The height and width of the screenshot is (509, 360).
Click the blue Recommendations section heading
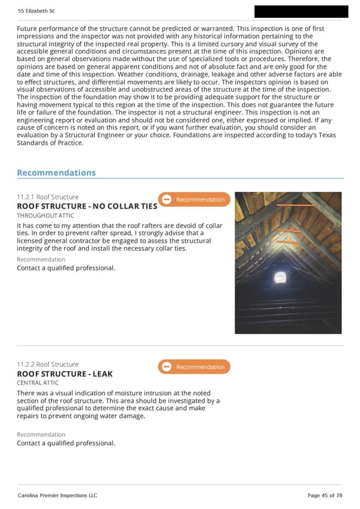point(56,173)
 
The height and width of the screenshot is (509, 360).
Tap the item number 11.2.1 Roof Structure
point(47,197)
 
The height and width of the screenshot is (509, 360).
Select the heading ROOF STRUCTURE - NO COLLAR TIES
point(87,206)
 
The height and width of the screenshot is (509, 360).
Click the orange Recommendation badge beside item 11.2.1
point(194,200)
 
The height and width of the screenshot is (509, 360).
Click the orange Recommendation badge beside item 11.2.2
point(194,367)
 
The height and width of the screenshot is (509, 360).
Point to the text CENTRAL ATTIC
point(38,382)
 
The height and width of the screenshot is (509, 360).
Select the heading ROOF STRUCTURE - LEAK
point(64,374)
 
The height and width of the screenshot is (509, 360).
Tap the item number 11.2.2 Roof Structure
point(47,365)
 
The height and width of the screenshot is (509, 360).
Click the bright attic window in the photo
point(280,277)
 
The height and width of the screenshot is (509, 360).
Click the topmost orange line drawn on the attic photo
point(296,205)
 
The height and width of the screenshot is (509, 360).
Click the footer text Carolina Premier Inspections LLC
point(57,495)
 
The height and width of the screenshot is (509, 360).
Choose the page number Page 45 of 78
point(325,495)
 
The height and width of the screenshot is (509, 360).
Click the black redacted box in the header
point(301,11)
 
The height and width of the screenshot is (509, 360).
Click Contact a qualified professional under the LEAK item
point(66,443)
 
